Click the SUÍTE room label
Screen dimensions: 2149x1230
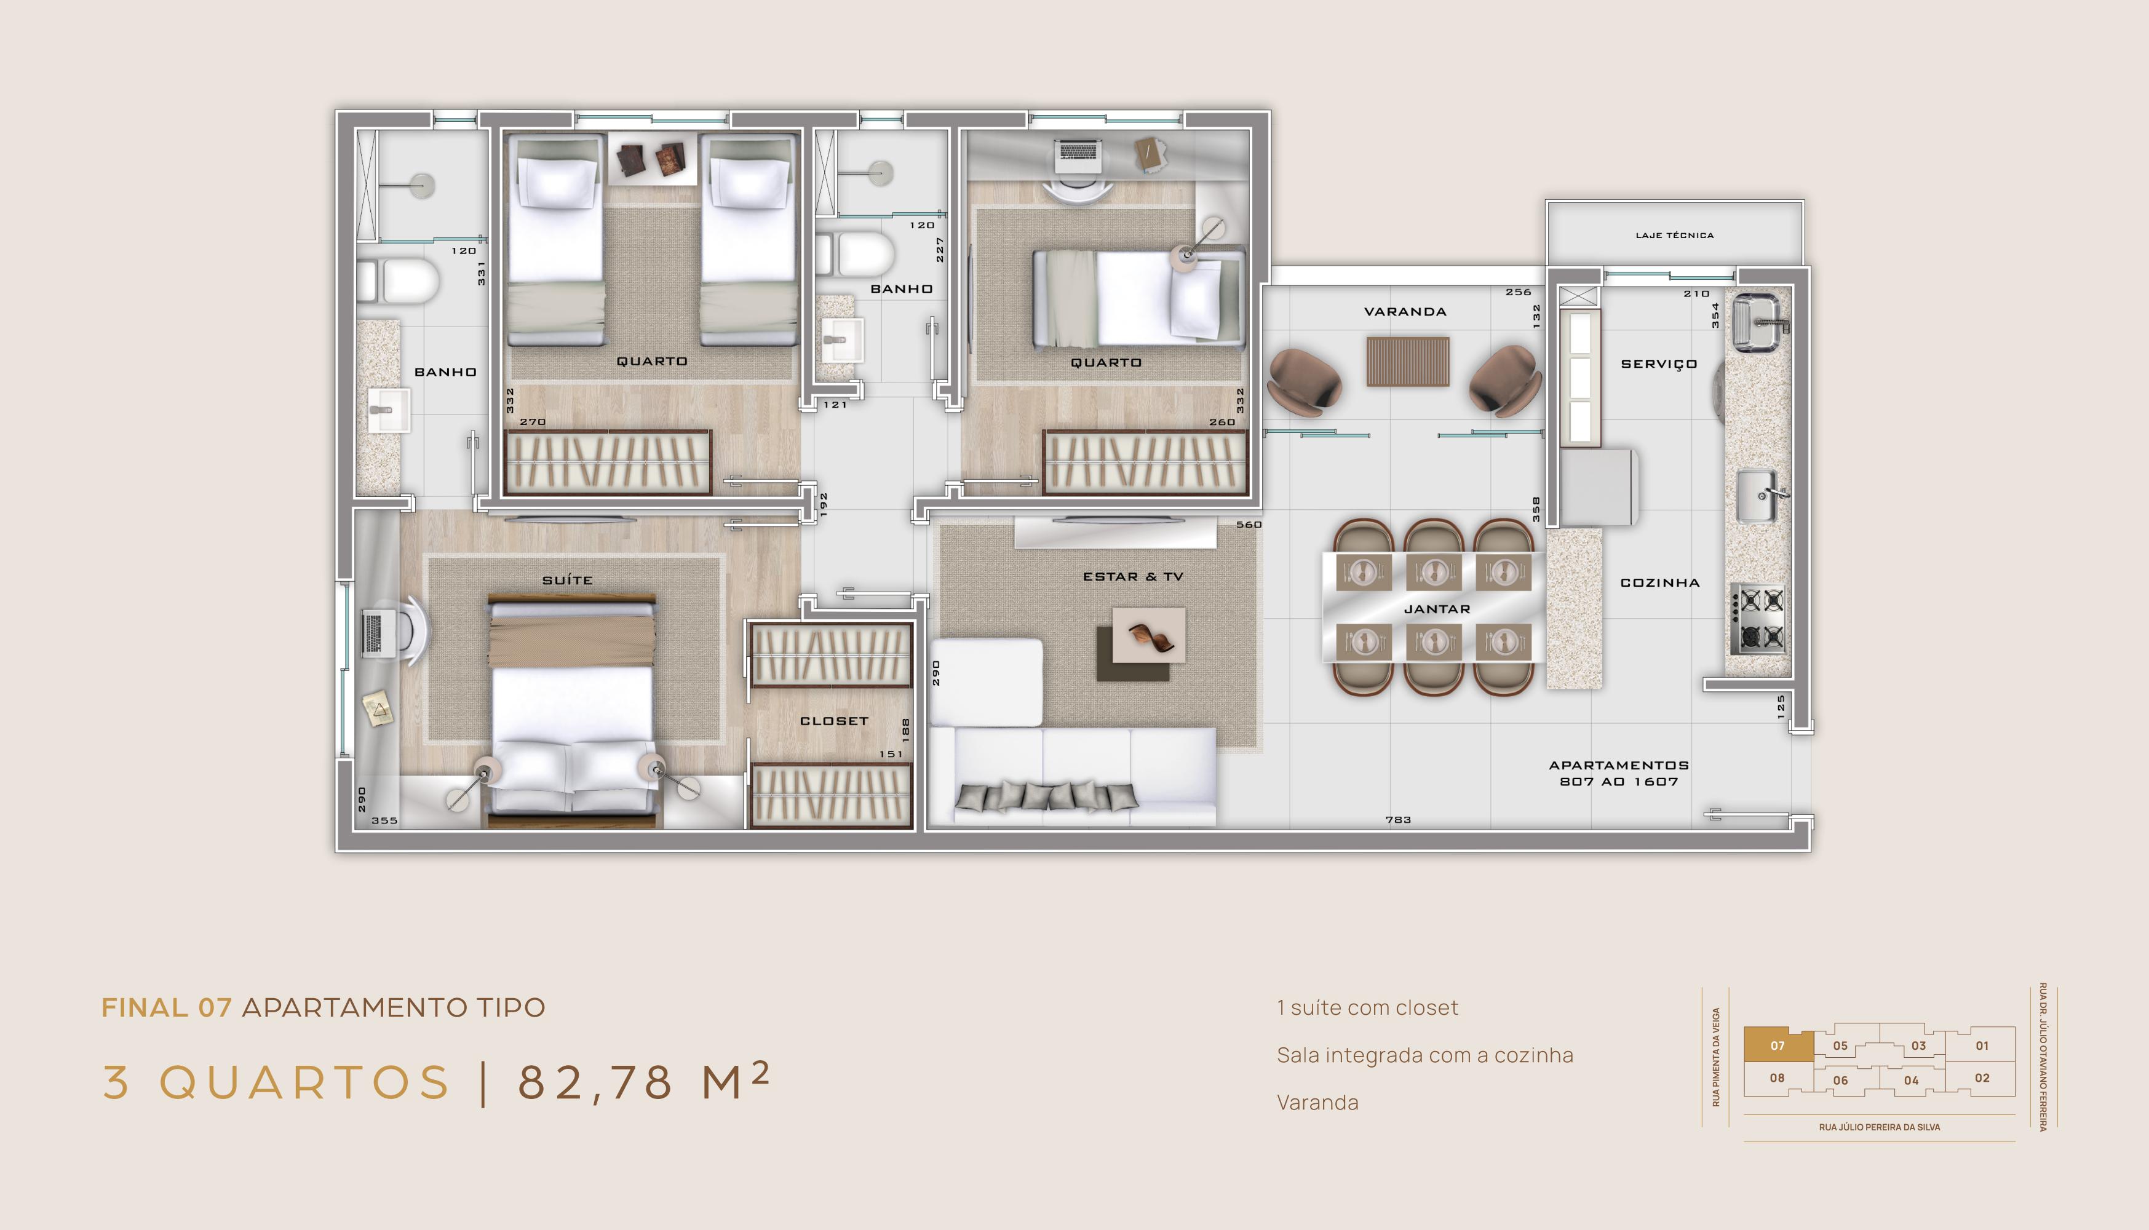pos(567,579)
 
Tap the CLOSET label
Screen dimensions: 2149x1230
pos(834,721)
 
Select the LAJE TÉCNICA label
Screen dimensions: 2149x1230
pos(1674,235)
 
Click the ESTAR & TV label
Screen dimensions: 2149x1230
pos(1133,576)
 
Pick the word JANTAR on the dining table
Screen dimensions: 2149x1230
pos(1437,608)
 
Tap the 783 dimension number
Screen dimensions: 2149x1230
pos(1398,819)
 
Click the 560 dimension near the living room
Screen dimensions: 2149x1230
pos(1249,525)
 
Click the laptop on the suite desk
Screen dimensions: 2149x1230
pos(373,633)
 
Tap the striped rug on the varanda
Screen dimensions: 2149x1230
pos(1407,362)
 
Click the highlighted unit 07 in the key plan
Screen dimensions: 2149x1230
pos(1778,1045)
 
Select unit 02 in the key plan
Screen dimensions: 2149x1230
pos(1982,1078)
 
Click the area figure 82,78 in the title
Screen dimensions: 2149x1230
pos(595,1082)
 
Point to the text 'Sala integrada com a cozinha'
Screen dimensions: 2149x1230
pos(1425,1055)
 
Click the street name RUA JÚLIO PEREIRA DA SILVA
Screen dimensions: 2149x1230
pos(1880,1127)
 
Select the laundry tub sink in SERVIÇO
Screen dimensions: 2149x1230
pos(1757,322)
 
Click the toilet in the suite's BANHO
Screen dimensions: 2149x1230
pos(398,281)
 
